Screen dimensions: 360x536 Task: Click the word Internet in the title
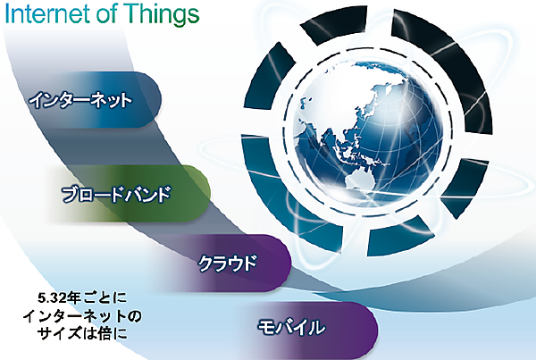click(x=53, y=16)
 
